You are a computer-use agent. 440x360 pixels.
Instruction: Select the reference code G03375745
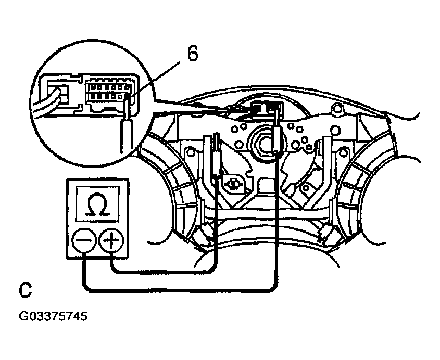coord(53,316)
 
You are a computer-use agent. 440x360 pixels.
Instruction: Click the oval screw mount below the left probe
coord(232,183)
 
